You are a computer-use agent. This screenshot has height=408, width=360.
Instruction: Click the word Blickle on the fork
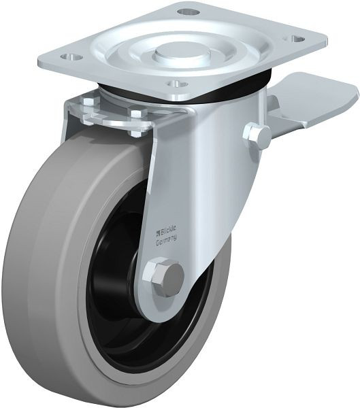point(169,230)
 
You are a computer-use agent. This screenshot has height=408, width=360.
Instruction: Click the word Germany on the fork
point(167,240)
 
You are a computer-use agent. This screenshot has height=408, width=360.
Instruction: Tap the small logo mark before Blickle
point(159,233)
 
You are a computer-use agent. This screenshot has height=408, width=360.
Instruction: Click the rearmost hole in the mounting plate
point(188,12)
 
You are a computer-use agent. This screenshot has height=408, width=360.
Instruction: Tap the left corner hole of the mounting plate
point(71,56)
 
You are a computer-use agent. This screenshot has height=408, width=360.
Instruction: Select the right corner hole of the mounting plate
point(295,39)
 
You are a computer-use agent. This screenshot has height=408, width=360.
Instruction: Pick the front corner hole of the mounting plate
point(177,84)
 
